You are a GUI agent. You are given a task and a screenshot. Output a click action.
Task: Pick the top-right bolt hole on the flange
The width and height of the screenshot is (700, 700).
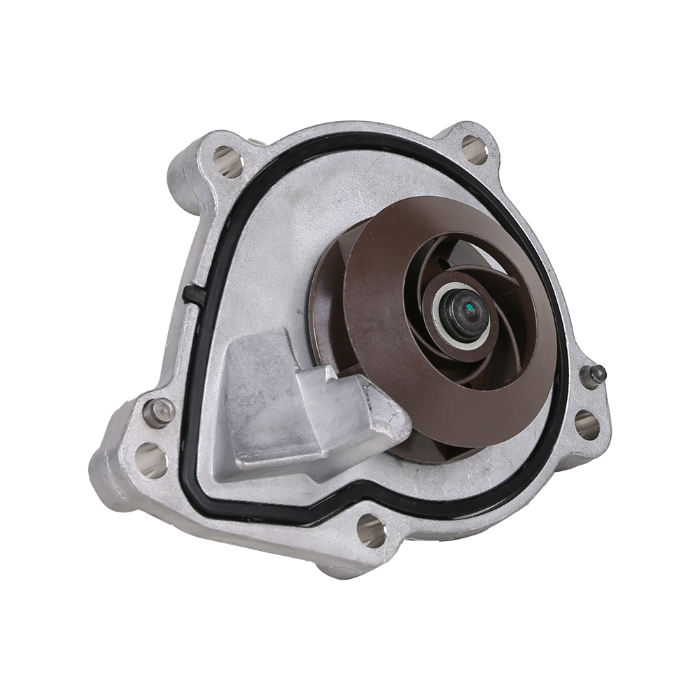pos(474,149)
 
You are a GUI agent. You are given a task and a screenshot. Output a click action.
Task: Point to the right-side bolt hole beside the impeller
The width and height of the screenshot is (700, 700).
pos(586,424)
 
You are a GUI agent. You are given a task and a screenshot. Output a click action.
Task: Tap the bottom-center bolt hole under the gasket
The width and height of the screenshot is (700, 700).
pos(372,530)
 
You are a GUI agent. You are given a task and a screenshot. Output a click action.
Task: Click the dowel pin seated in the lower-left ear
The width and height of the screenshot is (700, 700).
pos(159,412)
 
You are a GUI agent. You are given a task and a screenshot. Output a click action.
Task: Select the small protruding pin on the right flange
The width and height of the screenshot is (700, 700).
pos(596,374)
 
